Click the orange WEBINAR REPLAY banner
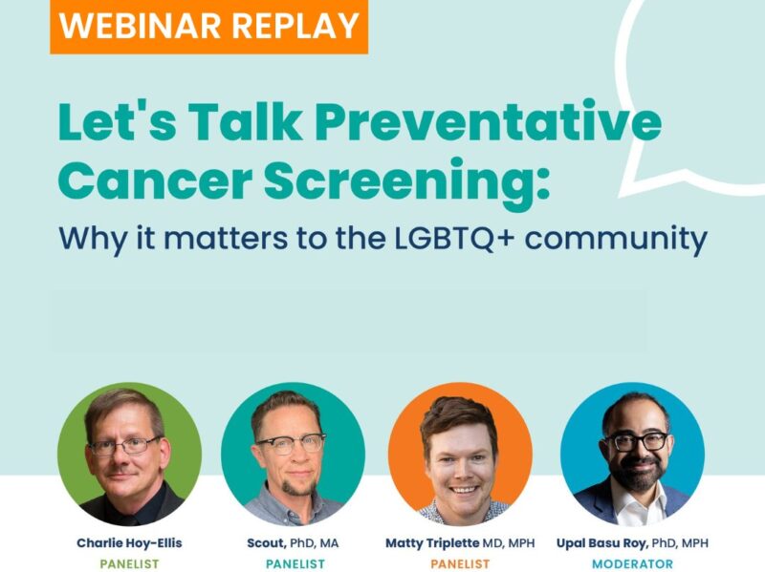(x=208, y=25)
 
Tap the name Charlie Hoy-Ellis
(x=129, y=542)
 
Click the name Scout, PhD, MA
(x=293, y=542)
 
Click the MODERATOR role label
(x=632, y=563)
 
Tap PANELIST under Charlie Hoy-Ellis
(x=129, y=563)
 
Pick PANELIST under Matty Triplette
(x=460, y=563)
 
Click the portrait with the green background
(x=129, y=454)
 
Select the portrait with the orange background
(x=460, y=454)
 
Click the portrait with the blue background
(x=632, y=454)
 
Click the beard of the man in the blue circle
(x=636, y=475)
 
